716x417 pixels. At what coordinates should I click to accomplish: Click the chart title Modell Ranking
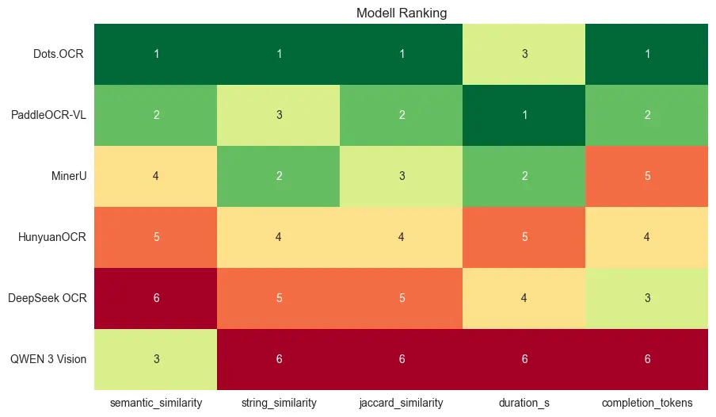point(402,13)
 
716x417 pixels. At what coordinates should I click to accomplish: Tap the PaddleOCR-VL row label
point(48,115)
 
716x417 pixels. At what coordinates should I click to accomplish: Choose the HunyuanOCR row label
point(56,237)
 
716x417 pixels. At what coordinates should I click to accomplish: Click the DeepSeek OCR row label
point(53,298)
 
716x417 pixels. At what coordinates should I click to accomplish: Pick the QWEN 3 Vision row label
point(49,359)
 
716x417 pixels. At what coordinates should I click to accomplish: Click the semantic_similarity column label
point(156,403)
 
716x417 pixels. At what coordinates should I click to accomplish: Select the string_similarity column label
point(279,403)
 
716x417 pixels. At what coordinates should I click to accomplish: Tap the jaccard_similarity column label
point(402,403)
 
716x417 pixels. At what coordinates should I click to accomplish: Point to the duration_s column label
point(524,403)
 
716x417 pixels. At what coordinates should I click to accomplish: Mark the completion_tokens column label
point(647,403)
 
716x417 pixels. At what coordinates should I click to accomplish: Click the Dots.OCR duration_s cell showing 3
point(524,54)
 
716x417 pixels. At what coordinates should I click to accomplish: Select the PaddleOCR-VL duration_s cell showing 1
point(524,115)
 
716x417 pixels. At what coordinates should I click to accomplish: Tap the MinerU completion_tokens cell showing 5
point(647,176)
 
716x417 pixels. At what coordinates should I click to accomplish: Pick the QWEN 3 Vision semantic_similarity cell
point(156,359)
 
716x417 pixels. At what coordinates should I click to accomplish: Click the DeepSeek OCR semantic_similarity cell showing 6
point(156,298)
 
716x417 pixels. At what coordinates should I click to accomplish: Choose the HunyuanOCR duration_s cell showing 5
point(524,237)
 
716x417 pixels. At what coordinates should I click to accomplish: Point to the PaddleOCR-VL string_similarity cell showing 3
point(279,115)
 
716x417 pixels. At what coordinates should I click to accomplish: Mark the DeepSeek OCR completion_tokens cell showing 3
point(647,298)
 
